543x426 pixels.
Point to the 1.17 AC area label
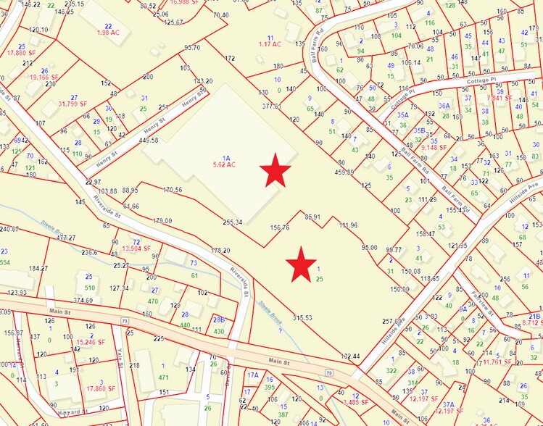[270, 44]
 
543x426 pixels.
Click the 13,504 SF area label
[136, 248]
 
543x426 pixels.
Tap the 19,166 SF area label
[45, 76]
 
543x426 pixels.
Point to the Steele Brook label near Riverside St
[269, 312]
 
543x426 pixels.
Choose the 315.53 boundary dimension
[302, 317]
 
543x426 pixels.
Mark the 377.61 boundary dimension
[272, 106]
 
